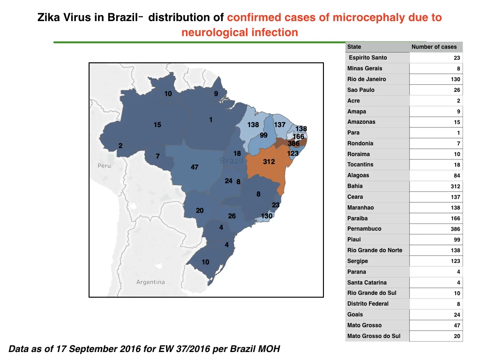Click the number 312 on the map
coord(269,162)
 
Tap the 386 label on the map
coord(293,143)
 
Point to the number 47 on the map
coord(195,167)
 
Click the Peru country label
coord(104,165)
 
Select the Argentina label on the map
coord(150,282)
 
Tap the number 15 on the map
coord(157,125)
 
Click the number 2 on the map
coord(120,146)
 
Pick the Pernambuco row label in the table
coord(364,229)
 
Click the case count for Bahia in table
coord(455,187)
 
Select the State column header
coord(354,47)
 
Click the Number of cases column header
coord(434,47)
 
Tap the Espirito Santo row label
coord(367,58)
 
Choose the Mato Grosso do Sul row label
coord(374,336)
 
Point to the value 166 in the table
coord(455,218)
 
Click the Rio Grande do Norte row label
coord(375,250)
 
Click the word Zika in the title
coord(49,17)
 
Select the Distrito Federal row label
coord(367,304)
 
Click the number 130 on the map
coord(267,216)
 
